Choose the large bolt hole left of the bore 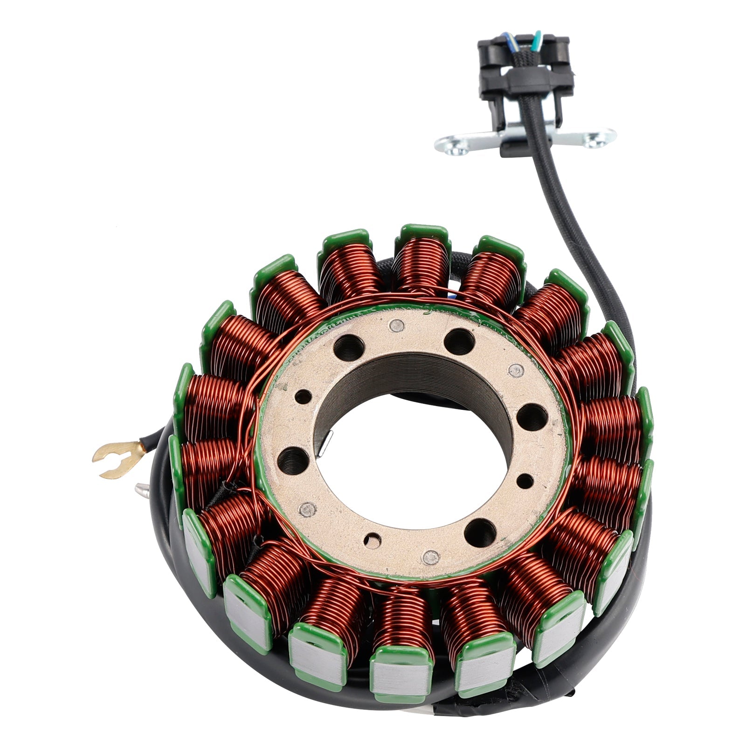coord(290,459)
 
